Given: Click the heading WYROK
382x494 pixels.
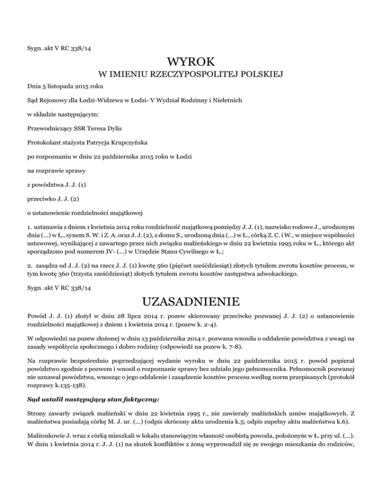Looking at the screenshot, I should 191,62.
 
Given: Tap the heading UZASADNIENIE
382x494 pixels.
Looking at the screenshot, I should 191,302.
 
